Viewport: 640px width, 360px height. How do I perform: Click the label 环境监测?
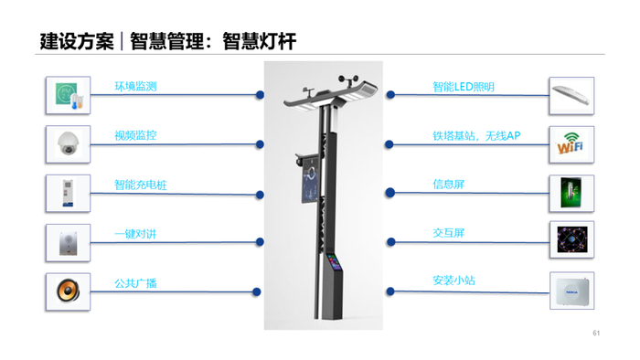pyautogui.click(x=135, y=87)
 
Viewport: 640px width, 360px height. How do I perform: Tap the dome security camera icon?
pyautogui.click(x=69, y=143)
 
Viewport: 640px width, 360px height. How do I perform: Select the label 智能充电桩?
pyautogui.click(x=141, y=185)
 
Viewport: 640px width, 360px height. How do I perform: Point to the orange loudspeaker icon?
pyautogui.click(x=69, y=291)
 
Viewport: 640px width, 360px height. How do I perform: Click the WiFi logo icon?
pyautogui.click(x=571, y=144)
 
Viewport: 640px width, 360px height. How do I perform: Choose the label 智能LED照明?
pyautogui.click(x=464, y=87)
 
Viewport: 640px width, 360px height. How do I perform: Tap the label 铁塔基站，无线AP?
pyautogui.click(x=476, y=136)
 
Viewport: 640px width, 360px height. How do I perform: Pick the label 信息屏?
pyautogui.click(x=449, y=185)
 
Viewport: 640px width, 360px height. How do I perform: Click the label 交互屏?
pyautogui.click(x=449, y=233)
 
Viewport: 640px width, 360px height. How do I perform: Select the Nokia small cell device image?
pyautogui.click(x=571, y=291)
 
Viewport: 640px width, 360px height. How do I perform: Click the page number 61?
pyautogui.click(x=596, y=334)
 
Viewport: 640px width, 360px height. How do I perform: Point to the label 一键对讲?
pyautogui.click(x=135, y=234)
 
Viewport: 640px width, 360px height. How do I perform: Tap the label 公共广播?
pyautogui.click(x=135, y=283)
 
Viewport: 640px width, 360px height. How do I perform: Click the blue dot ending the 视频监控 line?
pyautogui.click(x=260, y=144)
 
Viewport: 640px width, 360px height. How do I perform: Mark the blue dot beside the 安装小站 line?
pyautogui.click(x=390, y=291)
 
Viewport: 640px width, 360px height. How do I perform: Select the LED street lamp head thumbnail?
pyautogui.click(x=571, y=95)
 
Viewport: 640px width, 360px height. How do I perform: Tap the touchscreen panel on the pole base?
pyautogui.click(x=335, y=261)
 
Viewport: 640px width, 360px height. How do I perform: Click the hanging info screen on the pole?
pyautogui.click(x=310, y=184)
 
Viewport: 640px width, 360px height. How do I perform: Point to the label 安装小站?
pyautogui.click(x=453, y=281)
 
